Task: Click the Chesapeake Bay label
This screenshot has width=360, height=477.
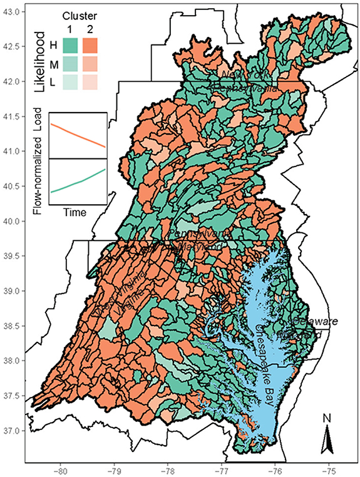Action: [x=268, y=369]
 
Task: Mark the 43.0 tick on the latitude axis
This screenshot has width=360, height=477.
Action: [x=13, y=12]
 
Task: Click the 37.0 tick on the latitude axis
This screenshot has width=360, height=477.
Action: [x=13, y=431]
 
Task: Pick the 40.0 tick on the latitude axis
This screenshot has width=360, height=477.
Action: [x=13, y=221]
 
